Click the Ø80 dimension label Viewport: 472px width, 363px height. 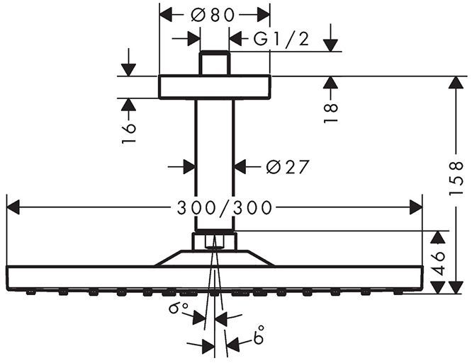point(214,13)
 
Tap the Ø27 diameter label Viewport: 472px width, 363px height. point(288,167)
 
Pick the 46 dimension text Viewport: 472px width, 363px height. point(440,263)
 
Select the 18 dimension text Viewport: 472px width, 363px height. point(330,113)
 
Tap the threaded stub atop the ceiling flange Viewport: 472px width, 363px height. point(215,64)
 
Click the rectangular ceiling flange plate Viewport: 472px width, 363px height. point(214,87)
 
